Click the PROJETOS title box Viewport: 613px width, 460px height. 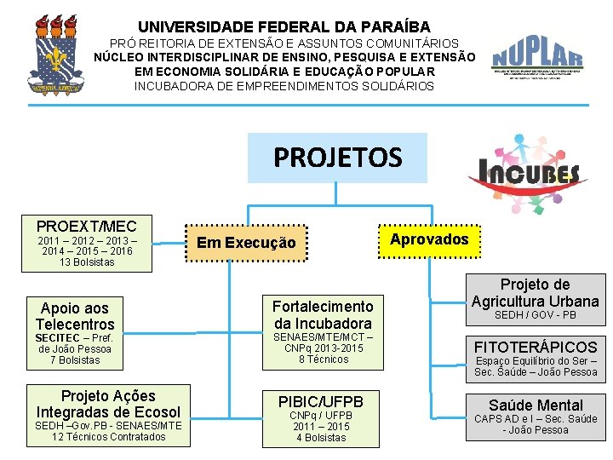[337, 158]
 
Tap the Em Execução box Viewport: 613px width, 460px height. [246, 243]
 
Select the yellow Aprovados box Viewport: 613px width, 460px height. [429, 239]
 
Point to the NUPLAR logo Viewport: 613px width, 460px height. [537, 61]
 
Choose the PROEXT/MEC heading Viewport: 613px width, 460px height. [86, 226]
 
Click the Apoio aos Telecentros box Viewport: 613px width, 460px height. [75, 316]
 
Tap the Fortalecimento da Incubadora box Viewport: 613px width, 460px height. [323, 314]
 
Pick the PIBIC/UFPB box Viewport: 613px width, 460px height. [321, 401]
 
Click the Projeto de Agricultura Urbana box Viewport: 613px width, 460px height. [535, 292]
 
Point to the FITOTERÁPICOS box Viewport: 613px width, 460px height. [536, 347]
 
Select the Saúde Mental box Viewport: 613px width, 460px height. [536, 405]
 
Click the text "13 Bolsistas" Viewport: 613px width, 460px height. [87, 262]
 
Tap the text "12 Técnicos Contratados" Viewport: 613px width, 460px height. [108, 437]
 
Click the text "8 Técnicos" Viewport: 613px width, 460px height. [324, 359]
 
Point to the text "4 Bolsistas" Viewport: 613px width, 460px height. [321, 438]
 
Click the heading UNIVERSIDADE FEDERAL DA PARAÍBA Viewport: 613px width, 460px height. [284, 27]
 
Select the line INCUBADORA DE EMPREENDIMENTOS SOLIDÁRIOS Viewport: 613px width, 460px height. [284, 86]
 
